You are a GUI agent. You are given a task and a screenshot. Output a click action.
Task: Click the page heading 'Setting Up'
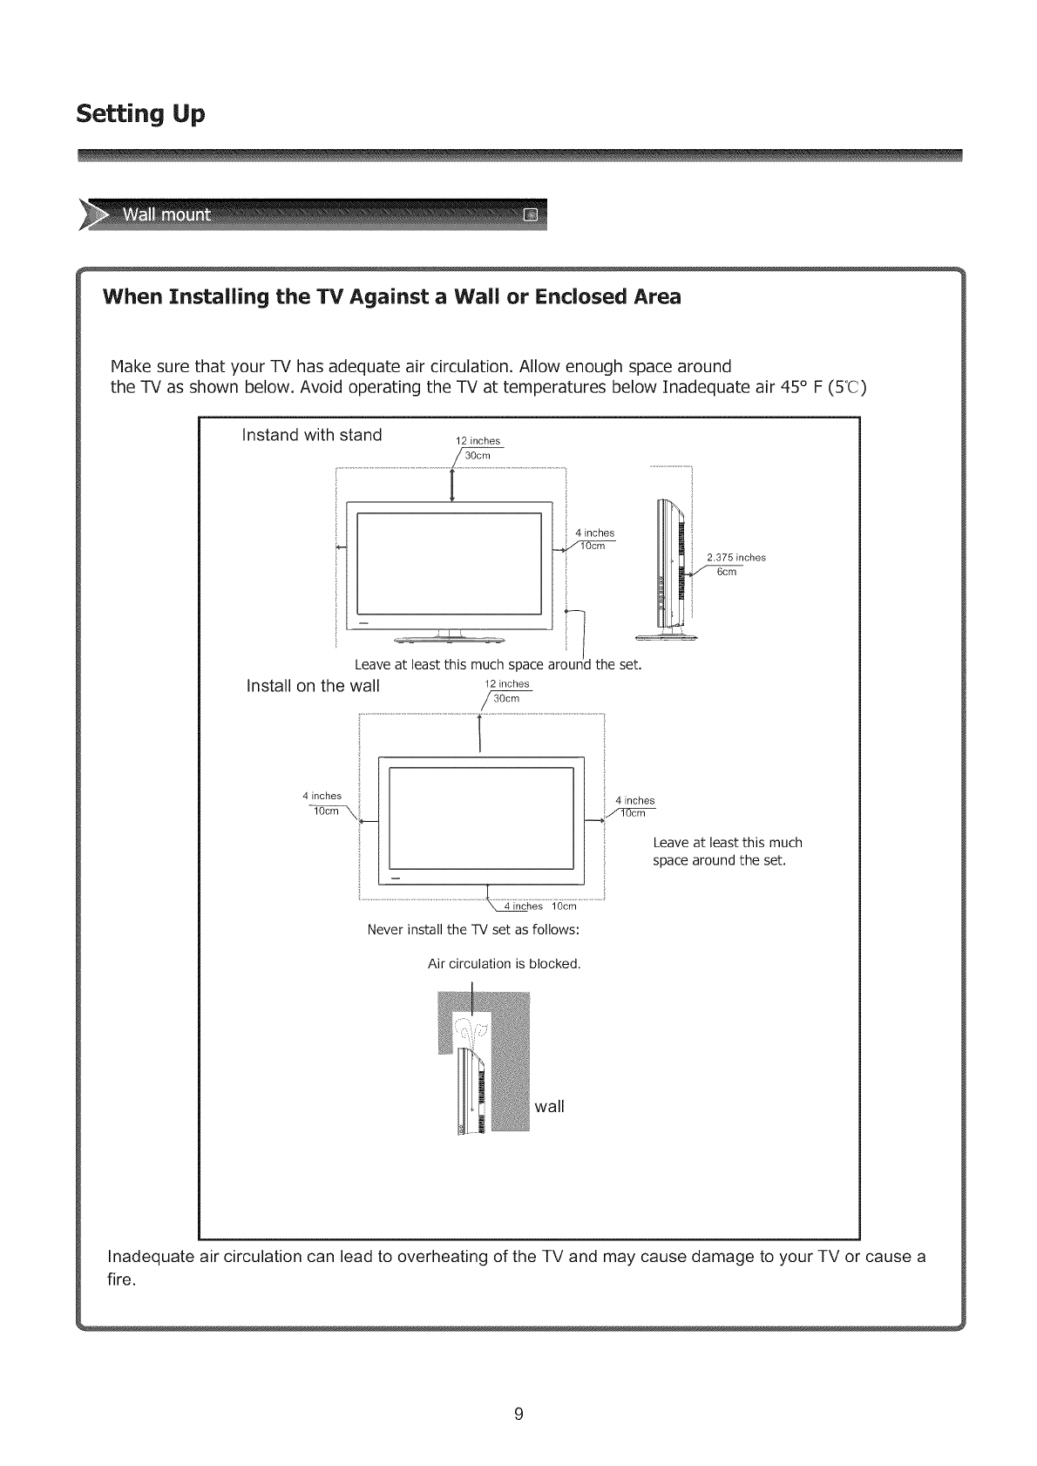(140, 115)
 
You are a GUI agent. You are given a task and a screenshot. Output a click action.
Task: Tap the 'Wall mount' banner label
(166, 215)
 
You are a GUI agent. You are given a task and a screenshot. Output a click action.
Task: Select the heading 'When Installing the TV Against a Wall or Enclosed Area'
(392, 297)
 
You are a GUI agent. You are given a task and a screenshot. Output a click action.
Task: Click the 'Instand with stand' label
(311, 435)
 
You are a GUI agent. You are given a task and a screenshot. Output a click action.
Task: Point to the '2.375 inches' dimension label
(735, 558)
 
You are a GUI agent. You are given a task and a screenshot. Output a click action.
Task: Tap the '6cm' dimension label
(727, 572)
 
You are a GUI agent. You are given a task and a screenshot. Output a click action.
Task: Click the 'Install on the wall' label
(313, 686)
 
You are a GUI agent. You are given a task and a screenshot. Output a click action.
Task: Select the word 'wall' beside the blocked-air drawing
(549, 1107)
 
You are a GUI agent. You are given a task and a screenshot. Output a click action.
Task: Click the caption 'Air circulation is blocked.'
(504, 964)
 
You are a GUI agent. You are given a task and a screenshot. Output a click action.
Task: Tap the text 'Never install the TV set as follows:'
(473, 929)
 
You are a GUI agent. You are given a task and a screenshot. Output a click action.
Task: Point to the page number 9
(518, 1415)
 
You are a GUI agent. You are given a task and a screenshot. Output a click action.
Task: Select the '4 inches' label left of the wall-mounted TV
(322, 796)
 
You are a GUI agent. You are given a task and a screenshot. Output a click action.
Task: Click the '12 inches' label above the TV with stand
(478, 441)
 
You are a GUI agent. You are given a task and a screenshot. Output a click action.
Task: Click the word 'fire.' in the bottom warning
(121, 1281)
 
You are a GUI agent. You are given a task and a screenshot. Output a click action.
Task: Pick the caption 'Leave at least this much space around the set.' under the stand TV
(498, 665)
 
